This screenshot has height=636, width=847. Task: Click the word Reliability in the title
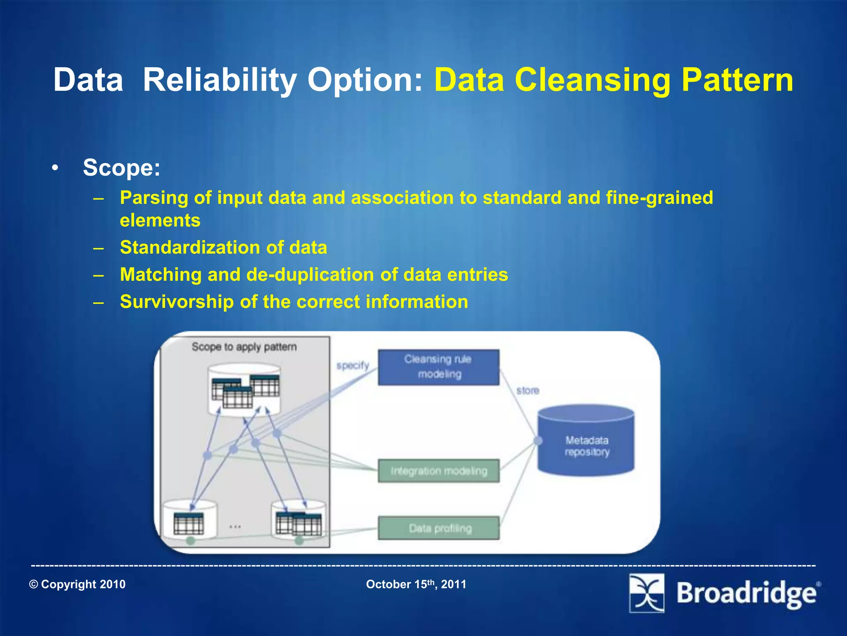pos(219,80)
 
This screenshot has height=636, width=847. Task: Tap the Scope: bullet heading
pos(121,168)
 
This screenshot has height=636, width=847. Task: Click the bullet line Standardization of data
pos(223,248)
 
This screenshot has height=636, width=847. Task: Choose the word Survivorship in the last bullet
pos(177,301)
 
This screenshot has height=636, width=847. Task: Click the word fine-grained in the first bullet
pos(659,198)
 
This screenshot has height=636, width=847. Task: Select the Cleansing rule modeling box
pos(438,367)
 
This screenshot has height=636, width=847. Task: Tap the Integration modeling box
pos(438,471)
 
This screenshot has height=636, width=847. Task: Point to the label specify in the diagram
pos(352,365)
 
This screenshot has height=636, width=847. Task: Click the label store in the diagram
pos(527,390)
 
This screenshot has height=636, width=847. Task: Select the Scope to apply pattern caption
pos(244,347)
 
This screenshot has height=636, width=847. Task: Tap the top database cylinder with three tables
pos(244,389)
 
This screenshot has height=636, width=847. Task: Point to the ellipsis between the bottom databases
pos(235,527)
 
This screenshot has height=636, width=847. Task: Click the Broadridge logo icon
pos(646,593)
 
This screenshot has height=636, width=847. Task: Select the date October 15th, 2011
pos(416,584)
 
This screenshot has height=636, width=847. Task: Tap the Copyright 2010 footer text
pos(77,584)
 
